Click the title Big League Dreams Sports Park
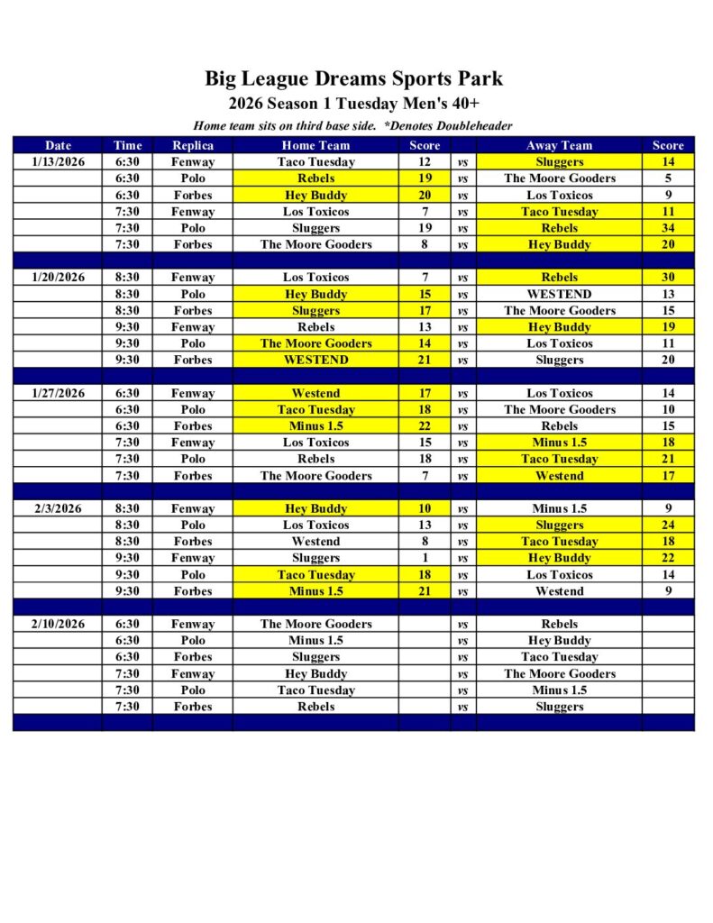point(353,78)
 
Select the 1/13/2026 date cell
point(58,162)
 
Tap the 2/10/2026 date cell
point(58,624)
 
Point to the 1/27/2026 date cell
point(58,393)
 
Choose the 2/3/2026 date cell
point(58,508)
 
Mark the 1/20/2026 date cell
point(58,278)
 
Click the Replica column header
point(193,145)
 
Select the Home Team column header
point(315,145)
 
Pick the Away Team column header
point(559,145)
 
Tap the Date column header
point(58,145)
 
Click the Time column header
point(128,145)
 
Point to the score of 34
point(668,228)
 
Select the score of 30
point(668,278)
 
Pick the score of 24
point(668,525)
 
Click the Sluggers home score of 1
point(425,558)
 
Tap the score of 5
point(668,178)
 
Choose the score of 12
point(425,162)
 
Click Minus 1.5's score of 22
point(425,425)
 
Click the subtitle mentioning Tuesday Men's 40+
point(353,104)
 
